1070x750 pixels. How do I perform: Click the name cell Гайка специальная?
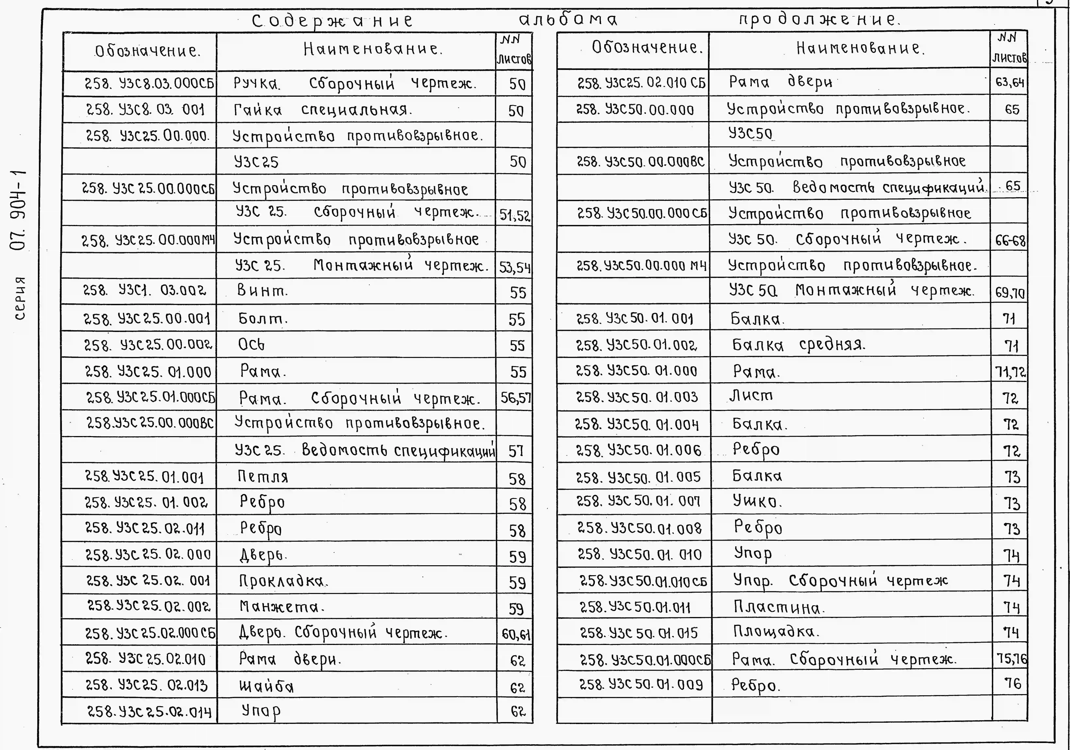(322, 110)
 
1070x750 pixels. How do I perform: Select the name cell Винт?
(262, 291)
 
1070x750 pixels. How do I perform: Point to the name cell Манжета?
(281, 607)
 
